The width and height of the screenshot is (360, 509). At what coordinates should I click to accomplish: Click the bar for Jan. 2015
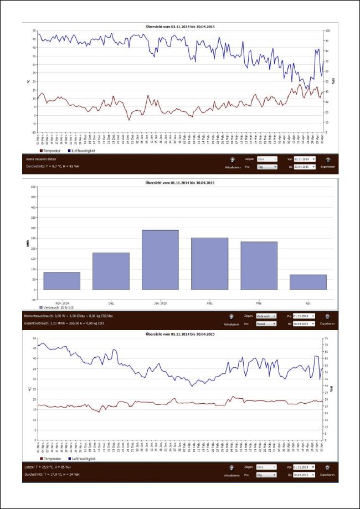[160, 259]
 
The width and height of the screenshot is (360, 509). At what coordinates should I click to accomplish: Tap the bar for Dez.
[111, 271]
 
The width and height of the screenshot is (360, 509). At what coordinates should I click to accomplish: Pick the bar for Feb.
[209, 264]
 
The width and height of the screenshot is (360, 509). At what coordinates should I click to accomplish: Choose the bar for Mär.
[259, 265]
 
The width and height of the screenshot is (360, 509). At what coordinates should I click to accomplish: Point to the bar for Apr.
[308, 282]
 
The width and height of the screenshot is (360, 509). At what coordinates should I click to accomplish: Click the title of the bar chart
[174, 183]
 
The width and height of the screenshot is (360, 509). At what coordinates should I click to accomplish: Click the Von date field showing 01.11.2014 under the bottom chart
[304, 468]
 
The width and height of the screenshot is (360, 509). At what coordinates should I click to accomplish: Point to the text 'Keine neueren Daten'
[42, 159]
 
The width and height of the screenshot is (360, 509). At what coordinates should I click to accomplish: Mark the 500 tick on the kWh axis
[33, 187]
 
